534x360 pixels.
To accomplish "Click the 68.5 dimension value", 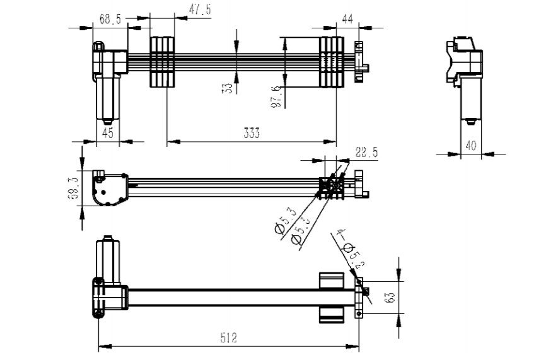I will click(x=110, y=20).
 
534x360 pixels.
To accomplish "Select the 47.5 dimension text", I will click(x=200, y=9).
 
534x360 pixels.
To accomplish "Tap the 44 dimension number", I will click(x=347, y=19).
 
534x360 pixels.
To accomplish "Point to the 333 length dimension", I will click(x=252, y=133).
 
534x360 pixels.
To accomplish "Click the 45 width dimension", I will click(x=108, y=132).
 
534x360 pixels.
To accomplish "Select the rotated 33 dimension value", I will click(x=228, y=88).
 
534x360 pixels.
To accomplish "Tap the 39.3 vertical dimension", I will click(x=74, y=188).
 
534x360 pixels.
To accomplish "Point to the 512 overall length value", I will click(x=228, y=339).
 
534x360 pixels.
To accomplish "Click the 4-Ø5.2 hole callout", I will click(x=347, y=250).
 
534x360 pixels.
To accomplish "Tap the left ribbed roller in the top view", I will click(x=161, y=62).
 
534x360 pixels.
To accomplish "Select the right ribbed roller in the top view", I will click(x=330, y=62).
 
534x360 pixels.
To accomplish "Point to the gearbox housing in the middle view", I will click(x=108, y=189).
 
